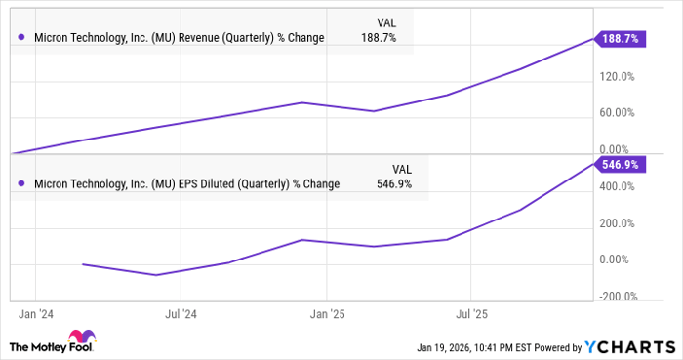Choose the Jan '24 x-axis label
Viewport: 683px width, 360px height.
[x=35, y=315]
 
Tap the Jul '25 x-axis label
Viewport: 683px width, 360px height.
[x=472, y=315]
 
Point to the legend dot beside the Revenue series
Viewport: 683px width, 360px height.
[x=21, y=38]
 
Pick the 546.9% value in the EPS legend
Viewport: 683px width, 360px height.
[x=394, y=183]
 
